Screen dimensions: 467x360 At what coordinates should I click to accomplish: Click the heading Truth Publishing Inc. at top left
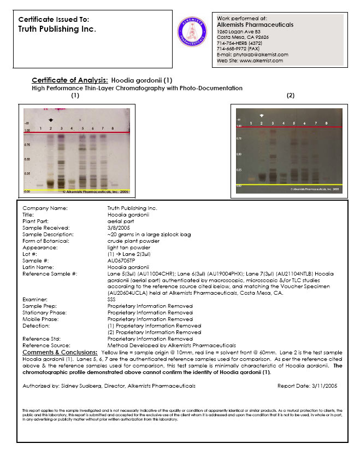click(57, 29)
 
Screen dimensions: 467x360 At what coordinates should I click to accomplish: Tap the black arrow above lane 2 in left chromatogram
click(51, 119)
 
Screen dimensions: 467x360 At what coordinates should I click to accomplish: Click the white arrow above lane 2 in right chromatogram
click(262, 115)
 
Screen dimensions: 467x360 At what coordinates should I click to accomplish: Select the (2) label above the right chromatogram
click(290, 95)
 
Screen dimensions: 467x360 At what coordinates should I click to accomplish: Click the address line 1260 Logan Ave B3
click(238, 31)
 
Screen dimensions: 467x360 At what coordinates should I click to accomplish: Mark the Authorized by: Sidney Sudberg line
click(109, 386)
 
